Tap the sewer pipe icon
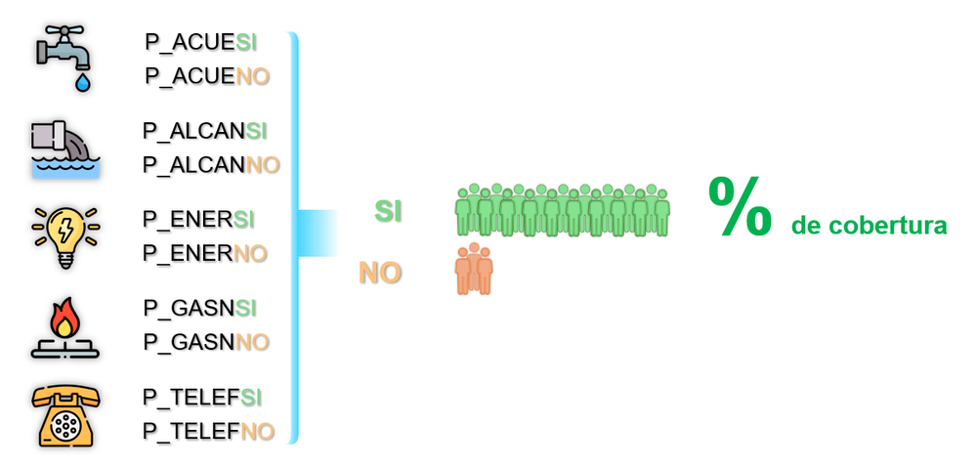coord(64,148)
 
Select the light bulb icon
coord(64,235)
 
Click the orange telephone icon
coord(64,415)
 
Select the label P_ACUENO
coord(207,76)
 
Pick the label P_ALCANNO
coord(211,164)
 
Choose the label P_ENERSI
coord(198,220)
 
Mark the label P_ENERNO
coord(204,253)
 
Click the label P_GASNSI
coord(199,309)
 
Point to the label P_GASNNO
coord(205,342)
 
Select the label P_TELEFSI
coord(202,398)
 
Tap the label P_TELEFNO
coord(208,431)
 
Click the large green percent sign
coord(740,208)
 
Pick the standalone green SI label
coord(388,211)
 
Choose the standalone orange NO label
coord(380,273)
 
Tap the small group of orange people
coord(474,270)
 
